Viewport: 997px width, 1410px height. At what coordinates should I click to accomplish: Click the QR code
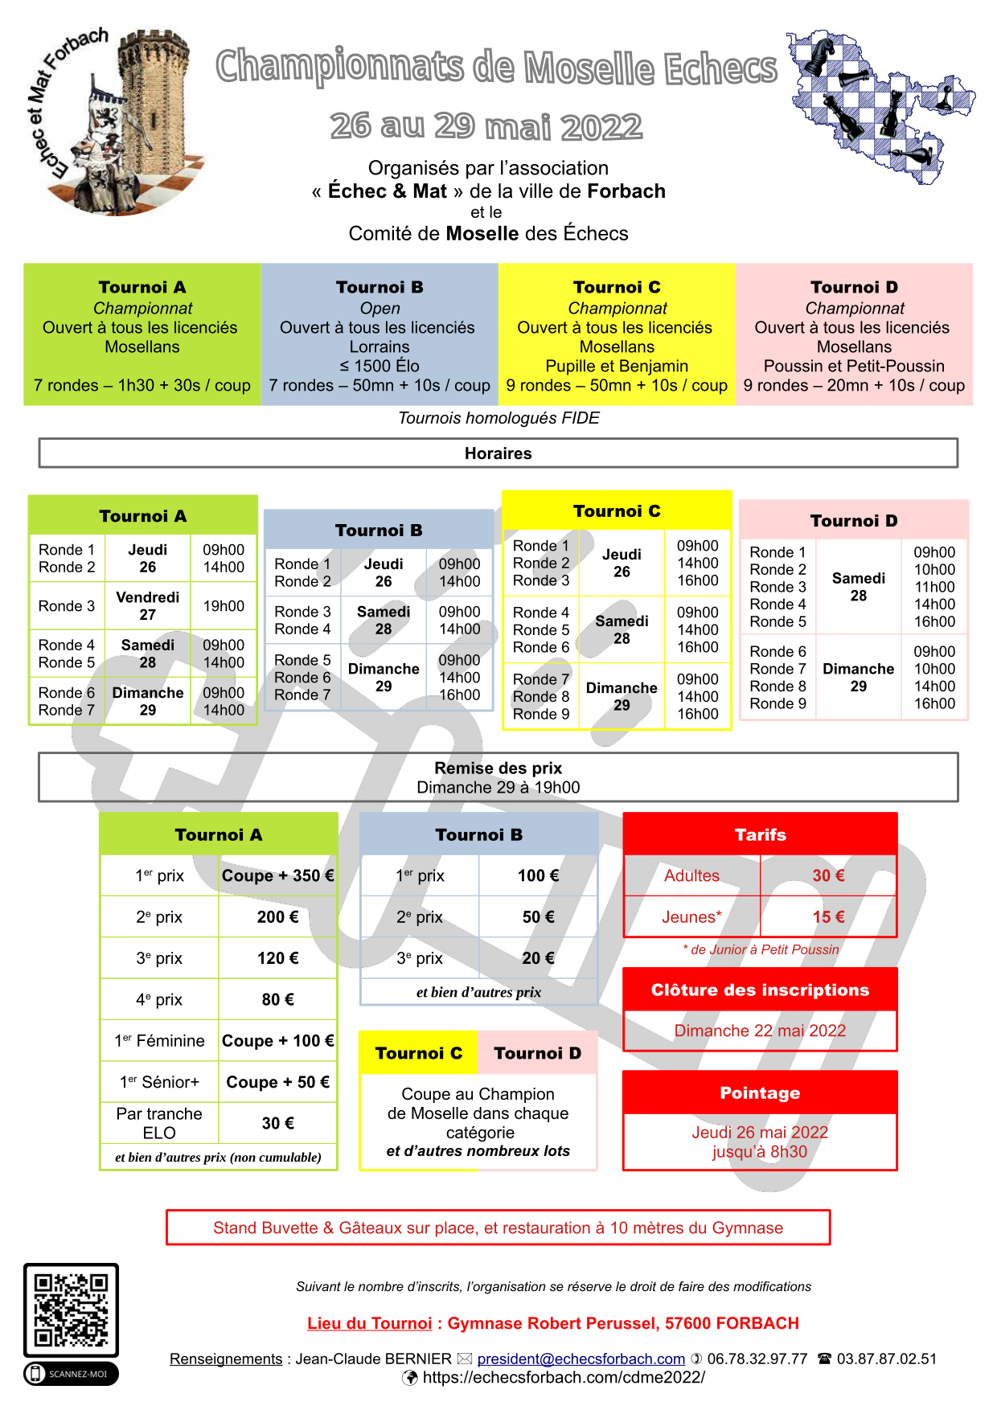[72, 1310]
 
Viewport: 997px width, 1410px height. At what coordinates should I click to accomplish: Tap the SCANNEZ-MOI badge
[72, 1374]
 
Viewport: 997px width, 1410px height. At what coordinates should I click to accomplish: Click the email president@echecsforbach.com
[581, 1359]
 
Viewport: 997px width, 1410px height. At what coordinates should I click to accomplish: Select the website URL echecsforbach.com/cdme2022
[563, 1377]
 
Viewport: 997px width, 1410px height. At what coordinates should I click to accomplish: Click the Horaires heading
[498, 453]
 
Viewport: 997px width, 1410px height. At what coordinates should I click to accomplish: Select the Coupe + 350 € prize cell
[277, 875]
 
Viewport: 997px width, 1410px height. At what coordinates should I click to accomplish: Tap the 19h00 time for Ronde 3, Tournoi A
[224, 606]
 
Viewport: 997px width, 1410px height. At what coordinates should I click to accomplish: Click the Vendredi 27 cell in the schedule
[148, 606]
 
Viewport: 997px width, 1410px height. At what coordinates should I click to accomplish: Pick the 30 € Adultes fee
[828, 875]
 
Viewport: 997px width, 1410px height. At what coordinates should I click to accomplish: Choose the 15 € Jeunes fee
[828, 917]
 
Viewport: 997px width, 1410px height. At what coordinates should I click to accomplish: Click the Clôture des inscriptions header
[760, 990]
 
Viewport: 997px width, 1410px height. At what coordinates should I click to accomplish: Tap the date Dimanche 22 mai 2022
[760, 1031]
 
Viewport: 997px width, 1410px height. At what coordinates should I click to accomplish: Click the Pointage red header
[760, 1092]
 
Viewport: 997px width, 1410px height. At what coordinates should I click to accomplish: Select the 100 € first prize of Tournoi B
[538, 875]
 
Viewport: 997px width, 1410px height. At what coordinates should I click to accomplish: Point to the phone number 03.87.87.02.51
[886, 1359]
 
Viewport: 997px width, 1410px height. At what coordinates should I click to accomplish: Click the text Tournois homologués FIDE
[498, 418]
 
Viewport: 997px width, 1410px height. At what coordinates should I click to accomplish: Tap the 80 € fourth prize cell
[277, 999]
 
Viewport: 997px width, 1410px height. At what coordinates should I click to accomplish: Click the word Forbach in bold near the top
[626, 191]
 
